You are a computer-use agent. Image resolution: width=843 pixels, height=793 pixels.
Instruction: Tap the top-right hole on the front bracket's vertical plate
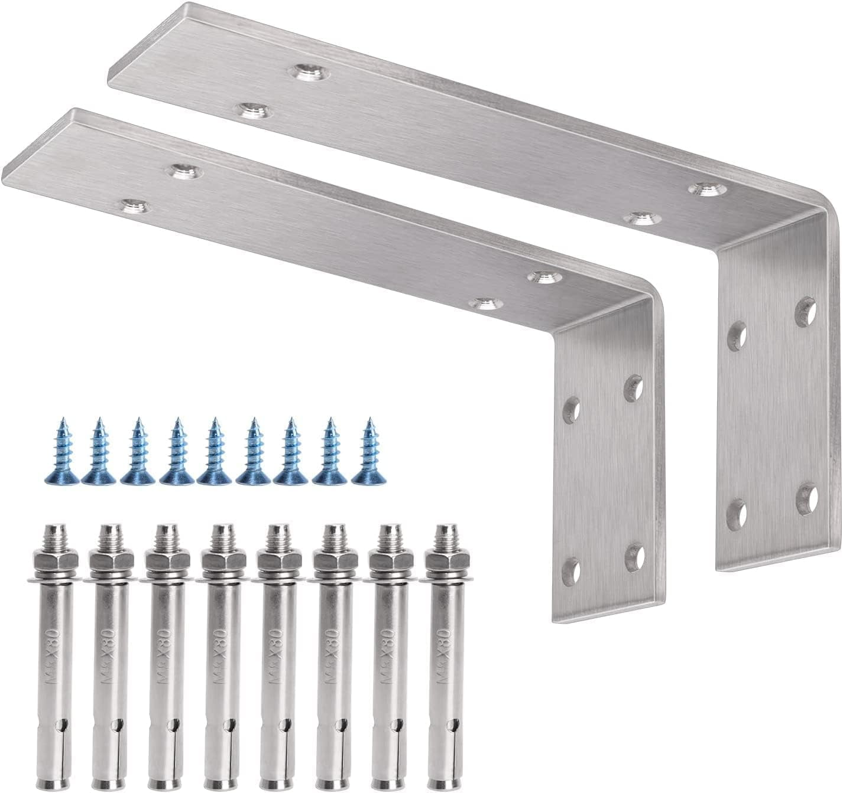pos(635,387)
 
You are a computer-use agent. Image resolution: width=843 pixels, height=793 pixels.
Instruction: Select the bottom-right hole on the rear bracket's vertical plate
pos(806,498)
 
